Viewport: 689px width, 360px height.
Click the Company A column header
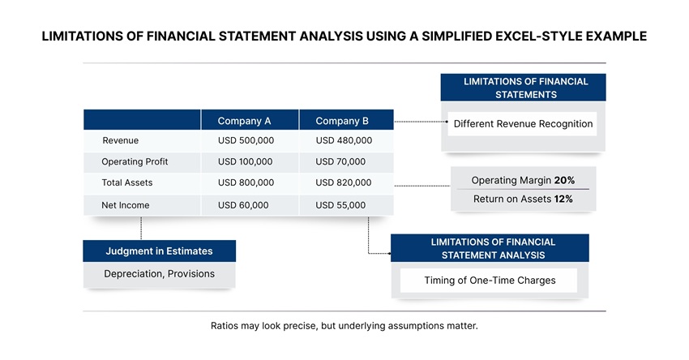tap(244, 121)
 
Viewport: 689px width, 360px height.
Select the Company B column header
tap(342, 121)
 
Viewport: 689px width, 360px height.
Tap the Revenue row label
tap(120, 141)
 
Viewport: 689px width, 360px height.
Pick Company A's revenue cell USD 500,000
tap(246, 141)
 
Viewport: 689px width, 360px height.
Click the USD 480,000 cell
tap(344, 141)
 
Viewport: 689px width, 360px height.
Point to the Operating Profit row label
tap(135, 162)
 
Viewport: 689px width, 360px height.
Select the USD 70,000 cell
tap(340, 162)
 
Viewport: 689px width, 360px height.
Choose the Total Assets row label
tap(126, 183)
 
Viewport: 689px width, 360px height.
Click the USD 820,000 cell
tap(344, 183)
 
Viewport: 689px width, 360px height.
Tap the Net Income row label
tap(125, 205)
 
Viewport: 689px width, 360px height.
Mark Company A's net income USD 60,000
tap(243, 205)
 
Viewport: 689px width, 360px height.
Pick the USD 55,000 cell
tap(340, 205)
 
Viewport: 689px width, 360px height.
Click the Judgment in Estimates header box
tap(159, 251)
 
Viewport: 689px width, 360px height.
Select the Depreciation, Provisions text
tap(159, 274)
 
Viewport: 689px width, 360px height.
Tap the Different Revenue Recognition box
tap(523, 124)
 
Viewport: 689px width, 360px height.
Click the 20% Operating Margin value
tap(564, 180)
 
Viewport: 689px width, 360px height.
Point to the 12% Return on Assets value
tap(563, 199)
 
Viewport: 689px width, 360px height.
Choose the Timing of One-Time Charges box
tap(489, 281)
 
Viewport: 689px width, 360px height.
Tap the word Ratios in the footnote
tap(226, 326)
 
